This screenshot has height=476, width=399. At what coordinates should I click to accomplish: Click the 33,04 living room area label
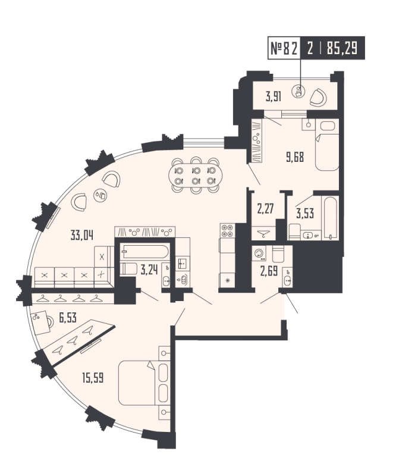[82, 233]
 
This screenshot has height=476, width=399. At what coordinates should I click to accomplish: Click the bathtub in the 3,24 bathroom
[144, 253]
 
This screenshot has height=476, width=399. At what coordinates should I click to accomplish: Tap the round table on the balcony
[300, 92]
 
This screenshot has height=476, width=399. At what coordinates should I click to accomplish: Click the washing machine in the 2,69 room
[259, 255]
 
